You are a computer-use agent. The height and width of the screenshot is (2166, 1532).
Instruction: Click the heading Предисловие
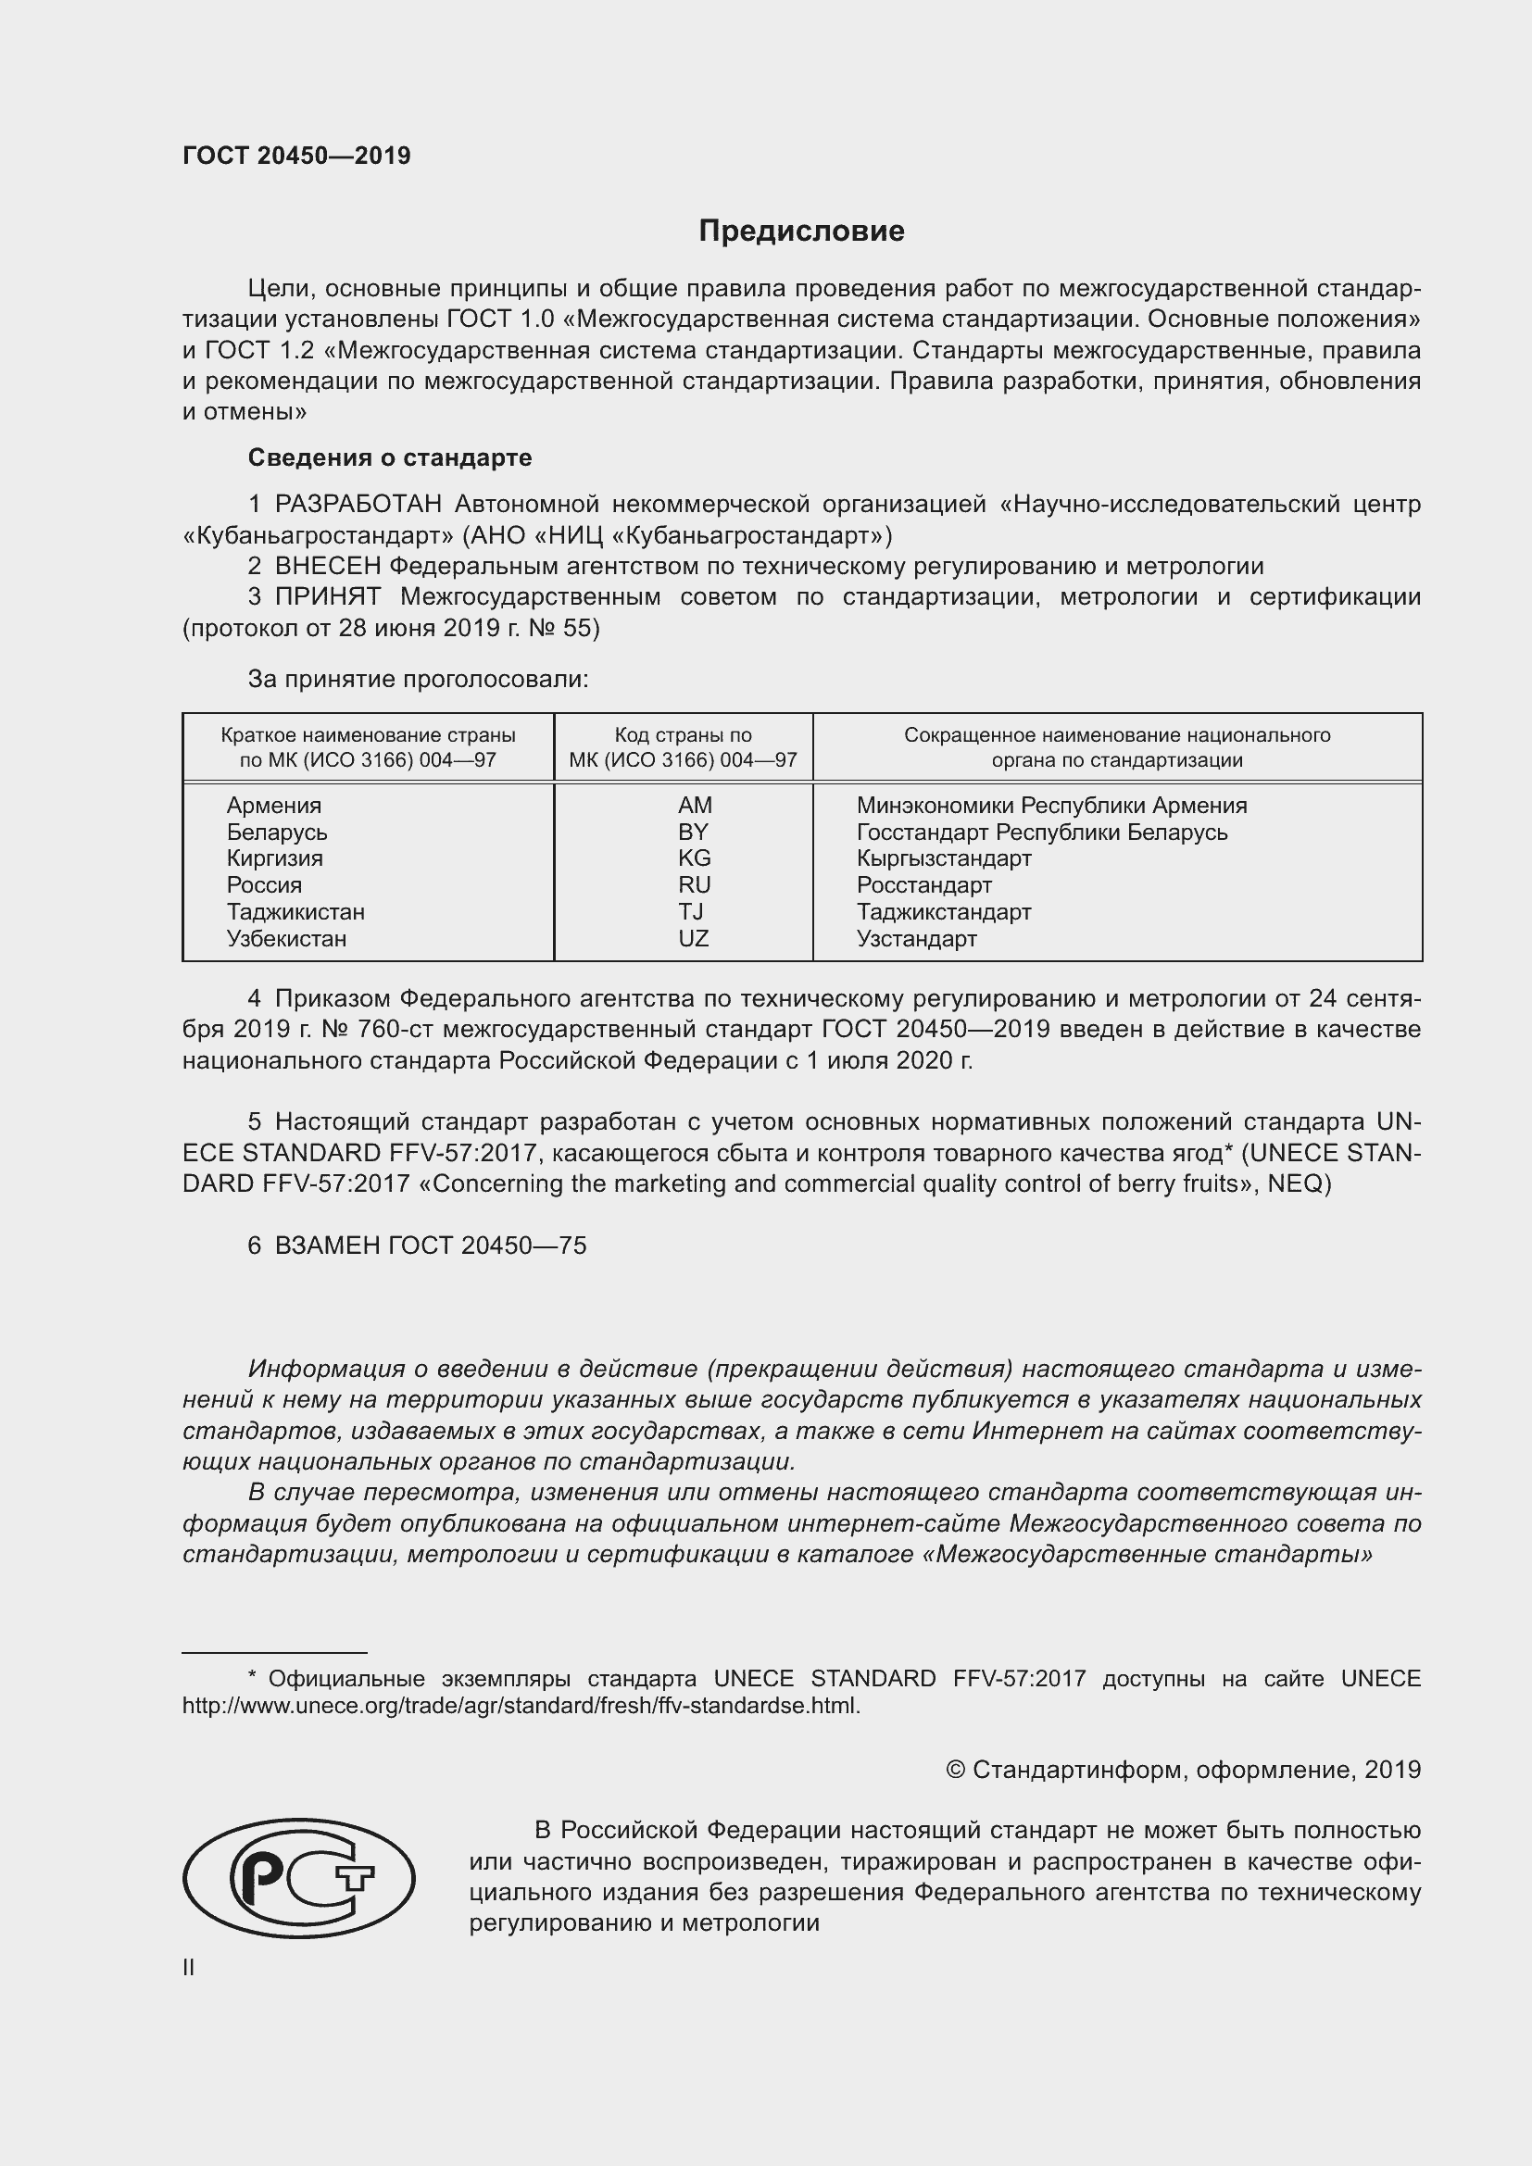[801, 232]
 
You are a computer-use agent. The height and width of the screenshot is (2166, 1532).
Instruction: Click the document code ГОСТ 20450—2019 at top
[296, 156]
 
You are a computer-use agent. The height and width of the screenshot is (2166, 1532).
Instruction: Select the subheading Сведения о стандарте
[390, 457]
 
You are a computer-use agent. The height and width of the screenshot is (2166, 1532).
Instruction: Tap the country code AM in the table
[695, 805]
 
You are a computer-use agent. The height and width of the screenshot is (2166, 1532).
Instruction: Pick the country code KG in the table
[695, 858]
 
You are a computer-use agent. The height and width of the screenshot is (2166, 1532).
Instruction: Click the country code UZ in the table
[694, 938]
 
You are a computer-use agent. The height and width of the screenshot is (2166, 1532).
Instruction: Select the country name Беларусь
[276, 833]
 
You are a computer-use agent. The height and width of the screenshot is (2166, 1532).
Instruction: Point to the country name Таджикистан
[295, 911]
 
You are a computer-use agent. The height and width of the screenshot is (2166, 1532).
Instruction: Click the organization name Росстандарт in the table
[923, 885]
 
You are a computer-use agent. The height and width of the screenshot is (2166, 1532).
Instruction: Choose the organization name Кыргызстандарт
[943, 858]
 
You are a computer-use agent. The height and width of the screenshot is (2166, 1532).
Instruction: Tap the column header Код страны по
[683, 735]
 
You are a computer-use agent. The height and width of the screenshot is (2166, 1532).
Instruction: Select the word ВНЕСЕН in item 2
[327, 566]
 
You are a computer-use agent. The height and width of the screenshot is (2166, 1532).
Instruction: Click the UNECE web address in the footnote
[521, 1706]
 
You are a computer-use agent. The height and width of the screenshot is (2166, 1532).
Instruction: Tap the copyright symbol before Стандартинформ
[955, 1770]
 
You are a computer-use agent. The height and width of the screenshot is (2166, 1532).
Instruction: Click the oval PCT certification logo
[298, 1878]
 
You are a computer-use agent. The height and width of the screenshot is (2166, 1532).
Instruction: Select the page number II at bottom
[189, 1967]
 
